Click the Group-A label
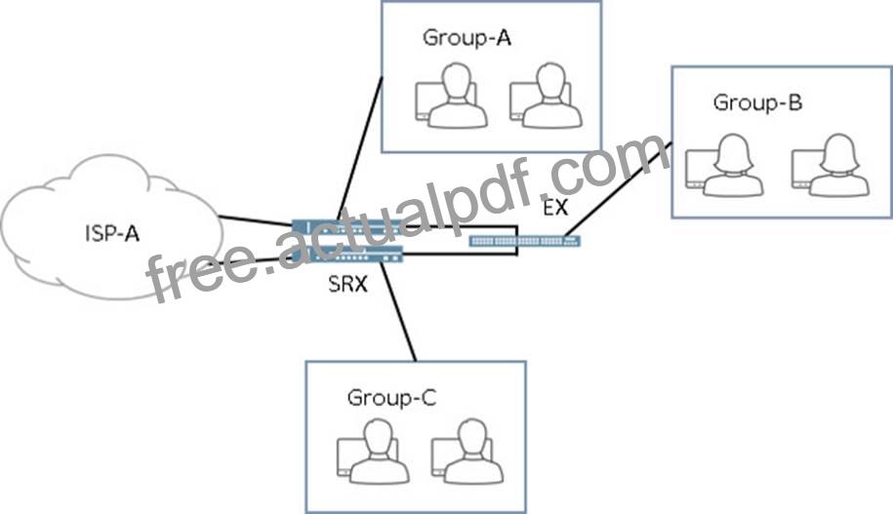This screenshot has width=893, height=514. point(467,38)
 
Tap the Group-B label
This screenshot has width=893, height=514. point(757,102)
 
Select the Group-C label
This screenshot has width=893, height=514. point(391,397)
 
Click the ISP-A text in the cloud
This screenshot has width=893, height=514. point(112,233)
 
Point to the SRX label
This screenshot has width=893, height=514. point(348,284)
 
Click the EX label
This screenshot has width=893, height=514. point(555,208)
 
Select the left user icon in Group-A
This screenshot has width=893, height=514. point(451,95)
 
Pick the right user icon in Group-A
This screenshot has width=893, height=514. point(546,95)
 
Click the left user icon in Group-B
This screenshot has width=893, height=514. point(724,165)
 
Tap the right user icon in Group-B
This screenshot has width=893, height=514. point(831,165)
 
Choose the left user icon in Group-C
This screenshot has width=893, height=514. point(373,452)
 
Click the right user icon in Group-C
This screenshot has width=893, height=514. point(467,452)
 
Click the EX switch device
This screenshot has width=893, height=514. point(524,241)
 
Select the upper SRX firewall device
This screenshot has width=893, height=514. point(347,226)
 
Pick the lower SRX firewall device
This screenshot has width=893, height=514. point(347,255)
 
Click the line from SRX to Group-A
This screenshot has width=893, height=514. point(360,148)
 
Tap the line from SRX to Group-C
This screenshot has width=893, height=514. point(398,311)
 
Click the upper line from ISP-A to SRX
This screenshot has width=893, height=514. point(255,220)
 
